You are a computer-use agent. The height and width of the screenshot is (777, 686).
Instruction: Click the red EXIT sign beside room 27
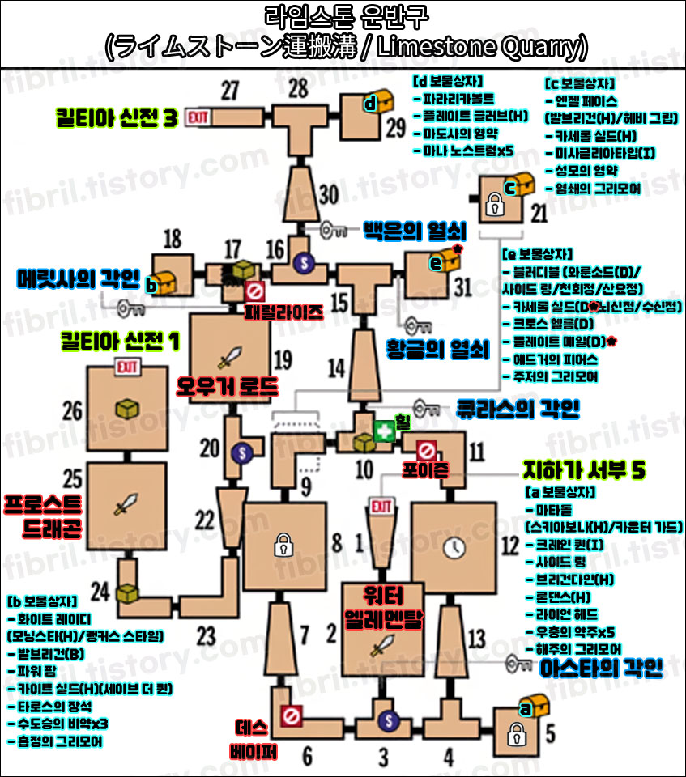[198, 118]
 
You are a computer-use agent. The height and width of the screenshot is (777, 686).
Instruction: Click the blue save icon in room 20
[239, 453]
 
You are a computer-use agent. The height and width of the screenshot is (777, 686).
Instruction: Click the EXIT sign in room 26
[126, 370]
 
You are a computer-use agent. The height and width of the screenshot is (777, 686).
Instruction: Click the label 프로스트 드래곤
[43, 516]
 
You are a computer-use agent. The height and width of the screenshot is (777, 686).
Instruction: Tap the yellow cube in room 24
[127, 592]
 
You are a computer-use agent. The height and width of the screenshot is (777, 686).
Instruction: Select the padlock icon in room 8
[283, 544]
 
